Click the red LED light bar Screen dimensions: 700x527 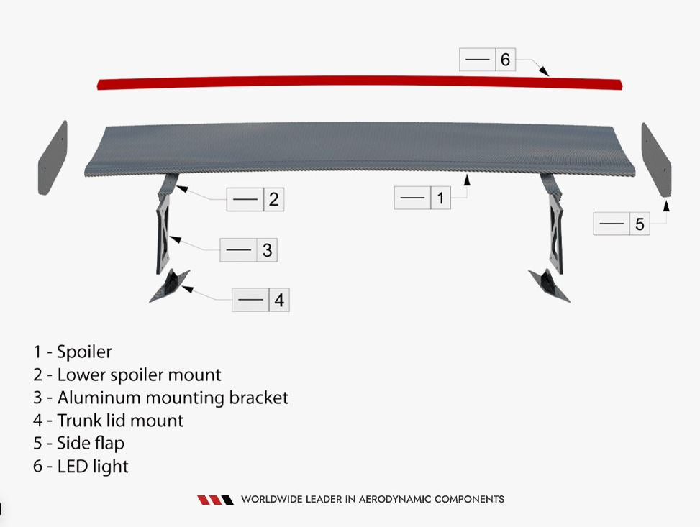[x=360, y=83]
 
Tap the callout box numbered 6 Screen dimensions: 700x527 [x=488, y=60]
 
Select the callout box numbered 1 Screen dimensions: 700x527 [x=422, y=198]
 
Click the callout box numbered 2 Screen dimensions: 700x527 [x=255, y=199]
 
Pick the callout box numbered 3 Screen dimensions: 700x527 [x=249, y=250]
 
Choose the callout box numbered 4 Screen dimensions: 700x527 [x=260, y=299]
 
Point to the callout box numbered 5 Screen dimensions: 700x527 [x=622, y=224]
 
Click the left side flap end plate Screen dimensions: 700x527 [x=53, y=157]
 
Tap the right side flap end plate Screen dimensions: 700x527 [x=656, y=160]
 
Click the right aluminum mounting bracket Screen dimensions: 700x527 [x=556, y=237]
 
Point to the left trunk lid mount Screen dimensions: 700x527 [x=170, y=286]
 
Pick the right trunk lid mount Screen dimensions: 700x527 [x=549, y=286]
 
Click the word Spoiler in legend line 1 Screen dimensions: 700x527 [x=84, y=352]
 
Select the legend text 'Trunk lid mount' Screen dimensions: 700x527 [x=121, y=421]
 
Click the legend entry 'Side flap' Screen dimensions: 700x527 [x=91, y=443]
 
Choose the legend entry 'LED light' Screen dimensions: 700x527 [x=93, y=467]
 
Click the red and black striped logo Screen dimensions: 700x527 [x=216, y=500]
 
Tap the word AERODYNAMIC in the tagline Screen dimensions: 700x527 [x=395, y=499]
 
